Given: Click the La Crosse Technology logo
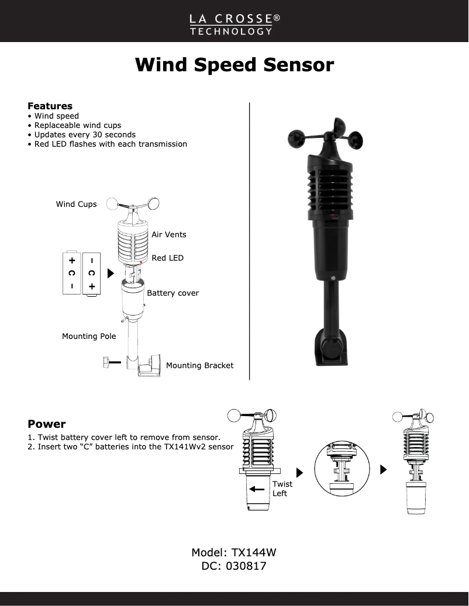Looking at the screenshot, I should point(234,24).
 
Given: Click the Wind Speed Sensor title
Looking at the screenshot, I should point(234,64).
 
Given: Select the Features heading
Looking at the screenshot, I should point(50,106).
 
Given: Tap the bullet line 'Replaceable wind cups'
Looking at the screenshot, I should point(77,125).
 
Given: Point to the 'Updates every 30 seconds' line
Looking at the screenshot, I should point(84,134).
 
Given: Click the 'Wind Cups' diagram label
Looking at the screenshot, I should point(76,205).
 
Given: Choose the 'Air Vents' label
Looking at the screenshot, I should point(169,234).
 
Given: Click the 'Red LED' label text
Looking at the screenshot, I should point(167,258).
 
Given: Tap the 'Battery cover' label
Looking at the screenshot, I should point(173,293).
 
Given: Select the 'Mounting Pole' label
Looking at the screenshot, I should point(89,337).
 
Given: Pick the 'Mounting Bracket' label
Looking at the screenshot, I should point(199,366).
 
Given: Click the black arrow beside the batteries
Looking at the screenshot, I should point(111,273).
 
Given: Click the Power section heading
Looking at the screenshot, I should point(47,424).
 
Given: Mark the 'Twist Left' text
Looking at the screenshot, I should point(282,489).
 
